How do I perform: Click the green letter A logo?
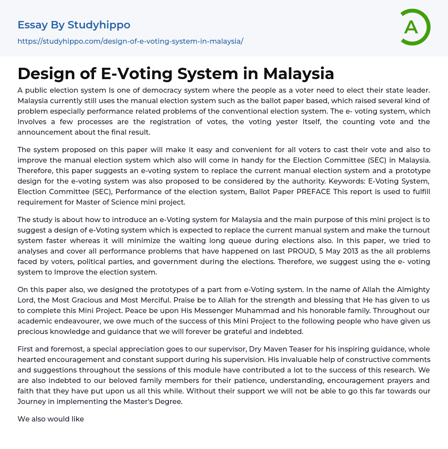[413, 27]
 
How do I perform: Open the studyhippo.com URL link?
[130, 41]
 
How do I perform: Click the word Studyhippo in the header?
[99, 25]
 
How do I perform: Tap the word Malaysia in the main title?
[298, 73]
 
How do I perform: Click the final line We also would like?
[51, 419]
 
